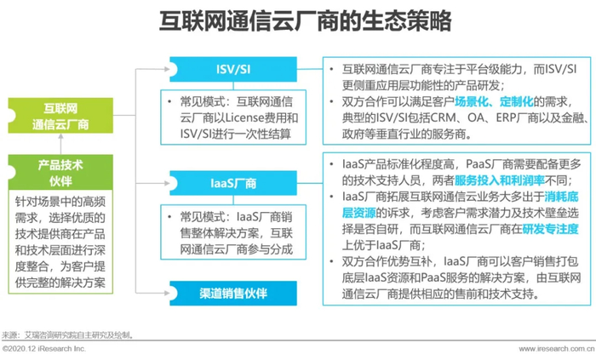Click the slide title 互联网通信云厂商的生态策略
[305, 20]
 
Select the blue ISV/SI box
[233, 69]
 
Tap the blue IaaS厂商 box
[233, 184]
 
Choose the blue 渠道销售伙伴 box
[233, 293]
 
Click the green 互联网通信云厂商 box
[60, 116]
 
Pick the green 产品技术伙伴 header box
[60, 172]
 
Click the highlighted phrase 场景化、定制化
[494, 101]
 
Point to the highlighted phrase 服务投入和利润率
[500, 180]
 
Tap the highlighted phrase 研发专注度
[550, 229]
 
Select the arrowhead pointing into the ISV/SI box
[167, 69]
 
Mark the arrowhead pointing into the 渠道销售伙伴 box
[167, 293]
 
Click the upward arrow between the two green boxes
[60, 144]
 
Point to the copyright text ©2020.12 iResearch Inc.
[43, 349]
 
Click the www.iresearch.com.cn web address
[557, 349]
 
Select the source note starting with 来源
[67, 335]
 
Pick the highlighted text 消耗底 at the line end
[561, 197]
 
